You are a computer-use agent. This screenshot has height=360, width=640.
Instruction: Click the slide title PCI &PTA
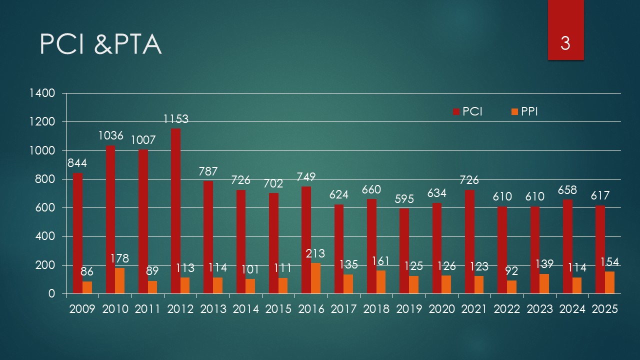[100, 45]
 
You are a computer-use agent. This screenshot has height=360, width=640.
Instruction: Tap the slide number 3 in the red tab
[565, 43]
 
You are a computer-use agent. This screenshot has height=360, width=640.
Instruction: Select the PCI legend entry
[467, 111]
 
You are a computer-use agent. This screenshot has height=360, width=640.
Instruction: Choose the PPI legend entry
[523, 111]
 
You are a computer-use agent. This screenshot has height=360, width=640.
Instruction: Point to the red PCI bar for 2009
[78, 233]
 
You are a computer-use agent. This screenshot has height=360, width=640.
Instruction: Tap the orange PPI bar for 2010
[120, 280]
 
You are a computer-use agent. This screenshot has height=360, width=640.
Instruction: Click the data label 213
[315, 254]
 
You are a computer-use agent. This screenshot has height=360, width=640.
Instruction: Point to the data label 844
[77, 163]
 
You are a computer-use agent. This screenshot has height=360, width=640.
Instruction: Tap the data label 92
[511, 272]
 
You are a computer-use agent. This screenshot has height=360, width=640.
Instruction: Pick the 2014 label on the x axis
[246, 309]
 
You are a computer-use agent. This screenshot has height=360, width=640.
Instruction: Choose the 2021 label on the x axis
[474, 309]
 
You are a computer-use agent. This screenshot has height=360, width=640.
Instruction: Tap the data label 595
[404, 198]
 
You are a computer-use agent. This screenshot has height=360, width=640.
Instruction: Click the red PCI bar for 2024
[567, 246]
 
